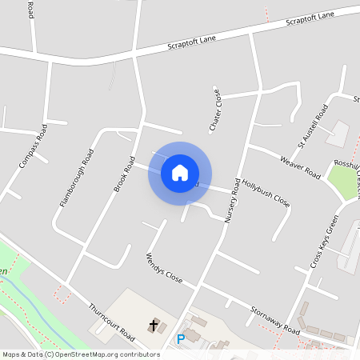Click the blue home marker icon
coord(180,173)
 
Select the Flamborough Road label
coord(77,178)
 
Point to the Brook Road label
coord(122,175)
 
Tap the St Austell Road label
coord(313,126)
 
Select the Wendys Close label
coord(164,270)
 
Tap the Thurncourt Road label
coord(111,319)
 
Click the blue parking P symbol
coord(180,339)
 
